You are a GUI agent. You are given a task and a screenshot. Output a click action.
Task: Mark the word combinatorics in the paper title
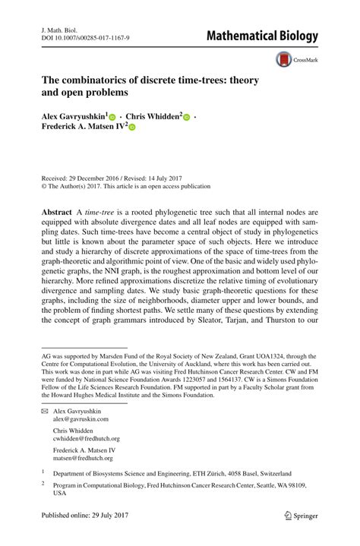100,80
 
